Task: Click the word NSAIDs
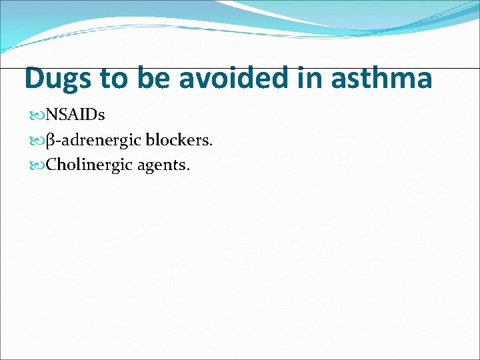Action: click(75, 115)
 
